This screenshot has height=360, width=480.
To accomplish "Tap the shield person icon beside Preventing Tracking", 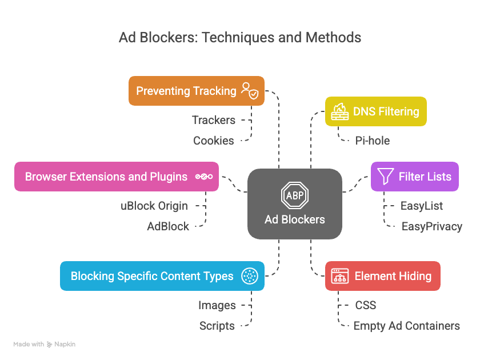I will tap(250, 91).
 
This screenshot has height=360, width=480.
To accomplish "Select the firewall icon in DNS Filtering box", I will tap(338, 111).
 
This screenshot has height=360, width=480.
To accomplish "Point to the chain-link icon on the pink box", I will tap(204, 177).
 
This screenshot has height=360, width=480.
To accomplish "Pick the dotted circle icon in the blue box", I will tap(250, 276).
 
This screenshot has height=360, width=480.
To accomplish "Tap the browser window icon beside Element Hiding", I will tap(340, 276).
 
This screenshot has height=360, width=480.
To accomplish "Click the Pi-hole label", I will tap(373, 141).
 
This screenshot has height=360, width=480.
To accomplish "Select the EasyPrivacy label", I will tap(431, 226).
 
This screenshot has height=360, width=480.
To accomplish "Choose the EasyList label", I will tap(422, 206).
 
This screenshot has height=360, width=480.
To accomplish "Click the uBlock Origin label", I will tap(154, 206).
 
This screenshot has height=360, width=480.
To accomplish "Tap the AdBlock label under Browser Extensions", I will tap(168, 226).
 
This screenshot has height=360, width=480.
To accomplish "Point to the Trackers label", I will tap(213, 120).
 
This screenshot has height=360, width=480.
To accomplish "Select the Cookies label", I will tap(213, 141).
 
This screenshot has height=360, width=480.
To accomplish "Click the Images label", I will tap(217, 305).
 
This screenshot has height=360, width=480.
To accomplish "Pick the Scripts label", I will tap(217, 326).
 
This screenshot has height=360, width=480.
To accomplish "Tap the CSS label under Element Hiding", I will tap(366, 305).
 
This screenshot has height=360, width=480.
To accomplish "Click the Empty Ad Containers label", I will tap(406, 326).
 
